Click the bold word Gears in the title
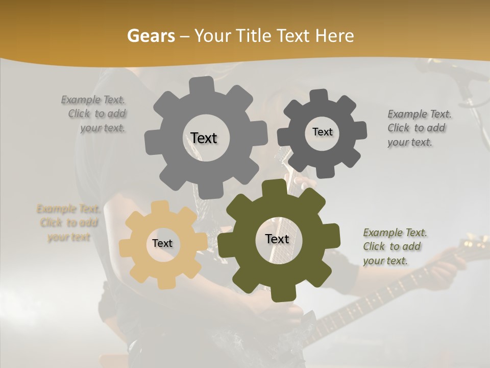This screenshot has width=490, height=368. (151, 36)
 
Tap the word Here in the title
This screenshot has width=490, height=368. (335, 36)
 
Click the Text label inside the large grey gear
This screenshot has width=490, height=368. (204, 138)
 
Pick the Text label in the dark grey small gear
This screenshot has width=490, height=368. (322, 132)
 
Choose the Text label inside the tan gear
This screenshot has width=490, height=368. (162, 243)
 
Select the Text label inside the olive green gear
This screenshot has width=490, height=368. (277, 239)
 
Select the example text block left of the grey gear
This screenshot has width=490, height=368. (95, 114)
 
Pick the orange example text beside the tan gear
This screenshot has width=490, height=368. (68, 223)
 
